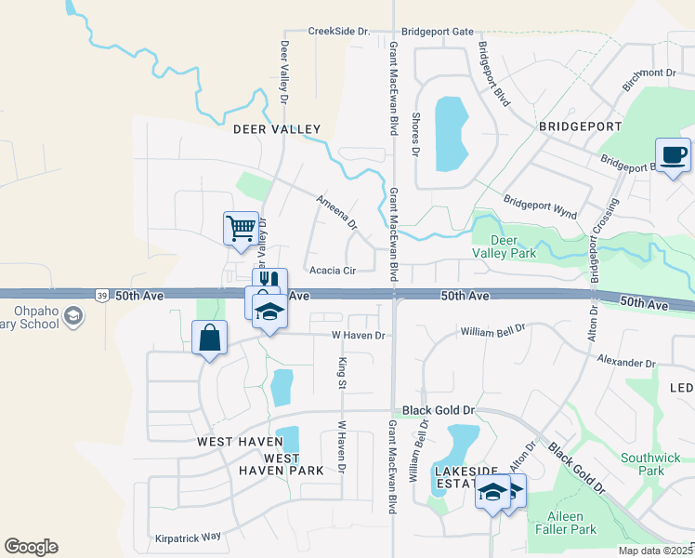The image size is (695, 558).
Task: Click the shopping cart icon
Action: point(241,227)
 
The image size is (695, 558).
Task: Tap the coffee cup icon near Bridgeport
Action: point(673,153)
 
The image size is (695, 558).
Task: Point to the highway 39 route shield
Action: point(99,295)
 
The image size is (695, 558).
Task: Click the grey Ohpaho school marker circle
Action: point(72,318)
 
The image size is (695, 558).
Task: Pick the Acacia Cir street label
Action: point(334,271)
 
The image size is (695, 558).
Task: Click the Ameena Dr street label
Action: point(336,212)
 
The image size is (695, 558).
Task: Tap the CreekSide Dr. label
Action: point(338,31)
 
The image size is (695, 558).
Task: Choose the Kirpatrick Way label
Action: point(189,537)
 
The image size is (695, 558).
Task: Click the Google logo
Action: point(31,547)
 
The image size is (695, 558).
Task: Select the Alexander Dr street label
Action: point(626,361)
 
